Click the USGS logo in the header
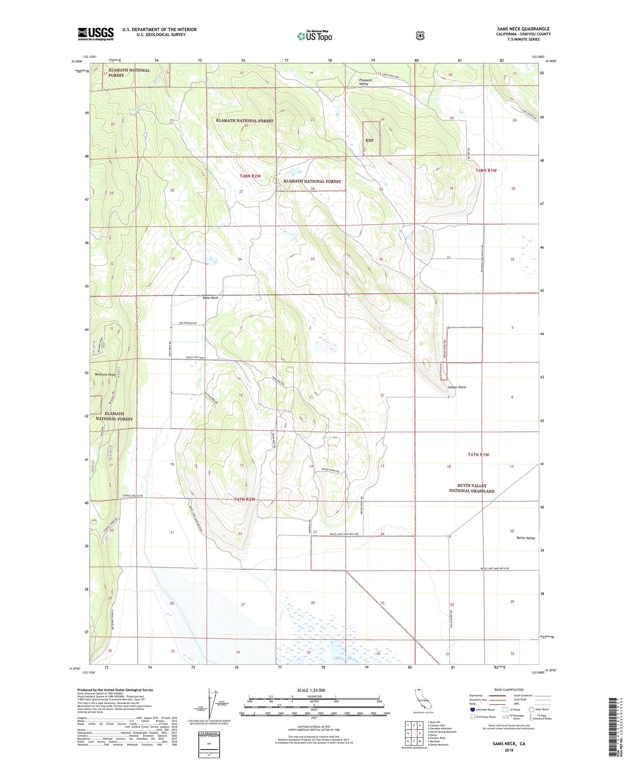pyautogui.click(x=96, y=34)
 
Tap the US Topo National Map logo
pyautogui.click(x=314, y=36)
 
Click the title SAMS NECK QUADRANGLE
pyautogui.click(x=523, y=29)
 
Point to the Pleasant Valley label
pyautogui.click(x=365, y=82)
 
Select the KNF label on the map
pyautogui.click(x=369, y=140)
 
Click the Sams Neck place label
pyautogui.click(x=210, y=297)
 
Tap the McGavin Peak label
pyautogui.click(x=105, y=374)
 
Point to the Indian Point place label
pyautogui.click(x=456, y=387)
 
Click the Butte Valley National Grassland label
pyautogui.click(x=471, y=488)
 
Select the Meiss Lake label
pyautogui.click(x=344, y=658)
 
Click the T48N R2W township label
pyautogui.click(x=249, y=176)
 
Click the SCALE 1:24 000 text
pyautogui.click(x=311, y=690)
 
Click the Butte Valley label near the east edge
pyautogui.click(x=525, y=538)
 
